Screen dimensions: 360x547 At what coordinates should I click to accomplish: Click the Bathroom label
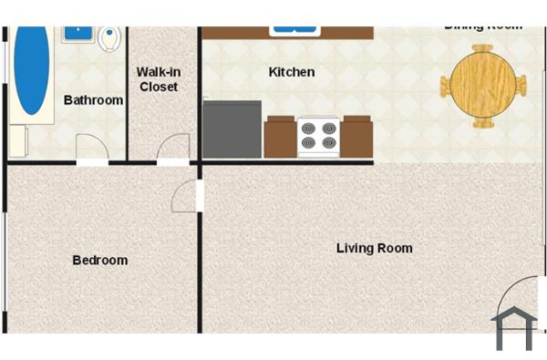[93, 100]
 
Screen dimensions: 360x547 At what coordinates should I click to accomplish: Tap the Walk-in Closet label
[158, 79]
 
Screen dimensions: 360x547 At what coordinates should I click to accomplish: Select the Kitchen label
[292, 72]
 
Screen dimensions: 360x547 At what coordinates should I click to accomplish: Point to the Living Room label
[374, 248]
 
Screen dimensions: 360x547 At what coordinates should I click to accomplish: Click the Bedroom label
[99, 261]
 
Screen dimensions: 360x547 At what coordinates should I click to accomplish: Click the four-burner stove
[319, 137]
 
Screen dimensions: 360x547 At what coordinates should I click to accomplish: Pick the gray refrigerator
[232, 129]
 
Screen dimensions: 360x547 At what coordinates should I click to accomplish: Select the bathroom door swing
[91, 149]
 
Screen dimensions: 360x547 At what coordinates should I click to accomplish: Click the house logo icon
[513, 328]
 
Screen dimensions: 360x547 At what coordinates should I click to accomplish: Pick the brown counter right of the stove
[357, 138]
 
